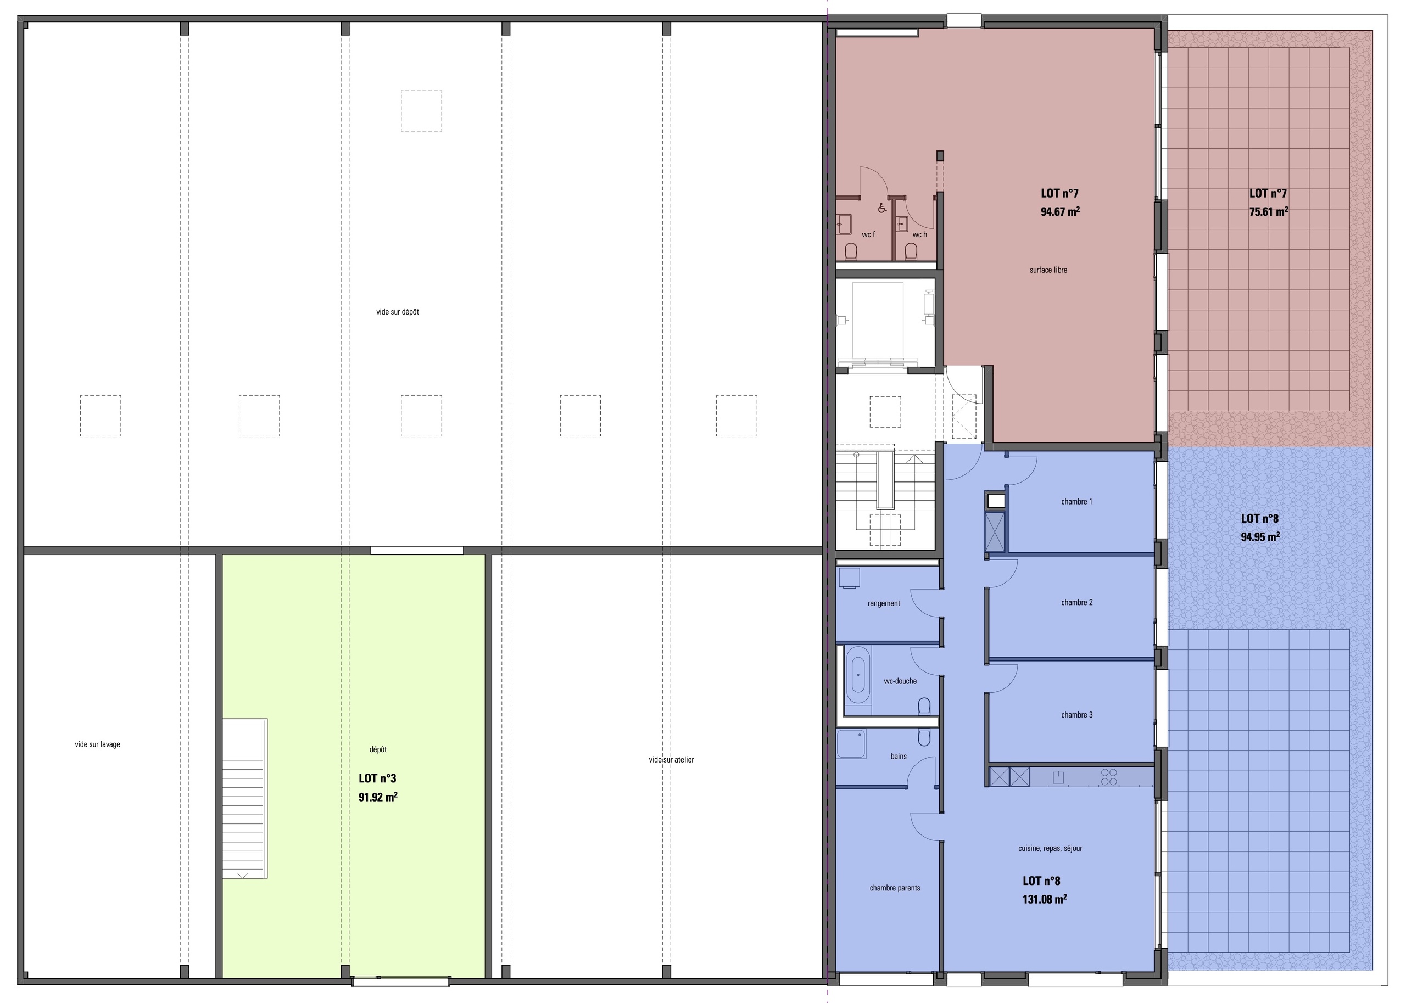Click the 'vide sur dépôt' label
tap(397, 312)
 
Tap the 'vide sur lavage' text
tap(98, 744)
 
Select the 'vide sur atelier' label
tap(671, 760)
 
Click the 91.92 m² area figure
tap(378, 797)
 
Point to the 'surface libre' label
tap(1048, 270)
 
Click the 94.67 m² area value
tap(1060, 211)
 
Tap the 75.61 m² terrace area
tap(1268, 211)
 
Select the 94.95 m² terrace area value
tap(1260, 537)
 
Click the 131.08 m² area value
tap(1045, 899)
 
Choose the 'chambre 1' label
tap(1076, 502)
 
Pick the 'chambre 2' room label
tap(1076, 602)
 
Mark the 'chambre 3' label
tap(1076, 715)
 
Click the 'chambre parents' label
tap(895, 888)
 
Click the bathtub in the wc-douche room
tap(858, 675)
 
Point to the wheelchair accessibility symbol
tap(881, 208)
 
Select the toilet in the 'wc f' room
tap(851, 251)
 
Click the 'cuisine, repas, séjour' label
tap(1050, 848)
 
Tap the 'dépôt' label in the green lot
tap(378, 749)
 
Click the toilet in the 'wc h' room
tap(911, 251)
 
